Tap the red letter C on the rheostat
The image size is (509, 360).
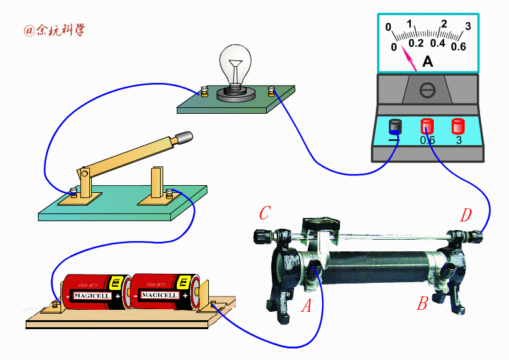pos(265,213)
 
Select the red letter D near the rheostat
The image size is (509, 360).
pos(466,215)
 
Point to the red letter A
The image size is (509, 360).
pos(307,305)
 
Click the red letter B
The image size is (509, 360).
pos(422,303)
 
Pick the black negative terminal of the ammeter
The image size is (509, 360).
pos(395,127)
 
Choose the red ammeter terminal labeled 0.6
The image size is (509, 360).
pos(427,126)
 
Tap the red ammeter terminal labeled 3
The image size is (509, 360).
pos(458,126)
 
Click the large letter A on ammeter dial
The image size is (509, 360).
pos(428,61)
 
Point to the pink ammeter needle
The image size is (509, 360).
pos(409,58)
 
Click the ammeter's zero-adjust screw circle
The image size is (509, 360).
pos(427,90)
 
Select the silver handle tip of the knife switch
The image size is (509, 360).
pos(184,137)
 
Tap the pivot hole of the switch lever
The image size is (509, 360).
pos(85,174)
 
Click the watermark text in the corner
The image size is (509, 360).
pos(54,30)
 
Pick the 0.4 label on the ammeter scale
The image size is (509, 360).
pos(438,43)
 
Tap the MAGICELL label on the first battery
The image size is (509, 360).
pos(92,296)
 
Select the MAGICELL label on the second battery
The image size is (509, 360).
pos(159,295)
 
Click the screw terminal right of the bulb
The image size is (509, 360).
pos(271,91)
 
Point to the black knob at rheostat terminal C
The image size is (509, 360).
pos(260,237)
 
